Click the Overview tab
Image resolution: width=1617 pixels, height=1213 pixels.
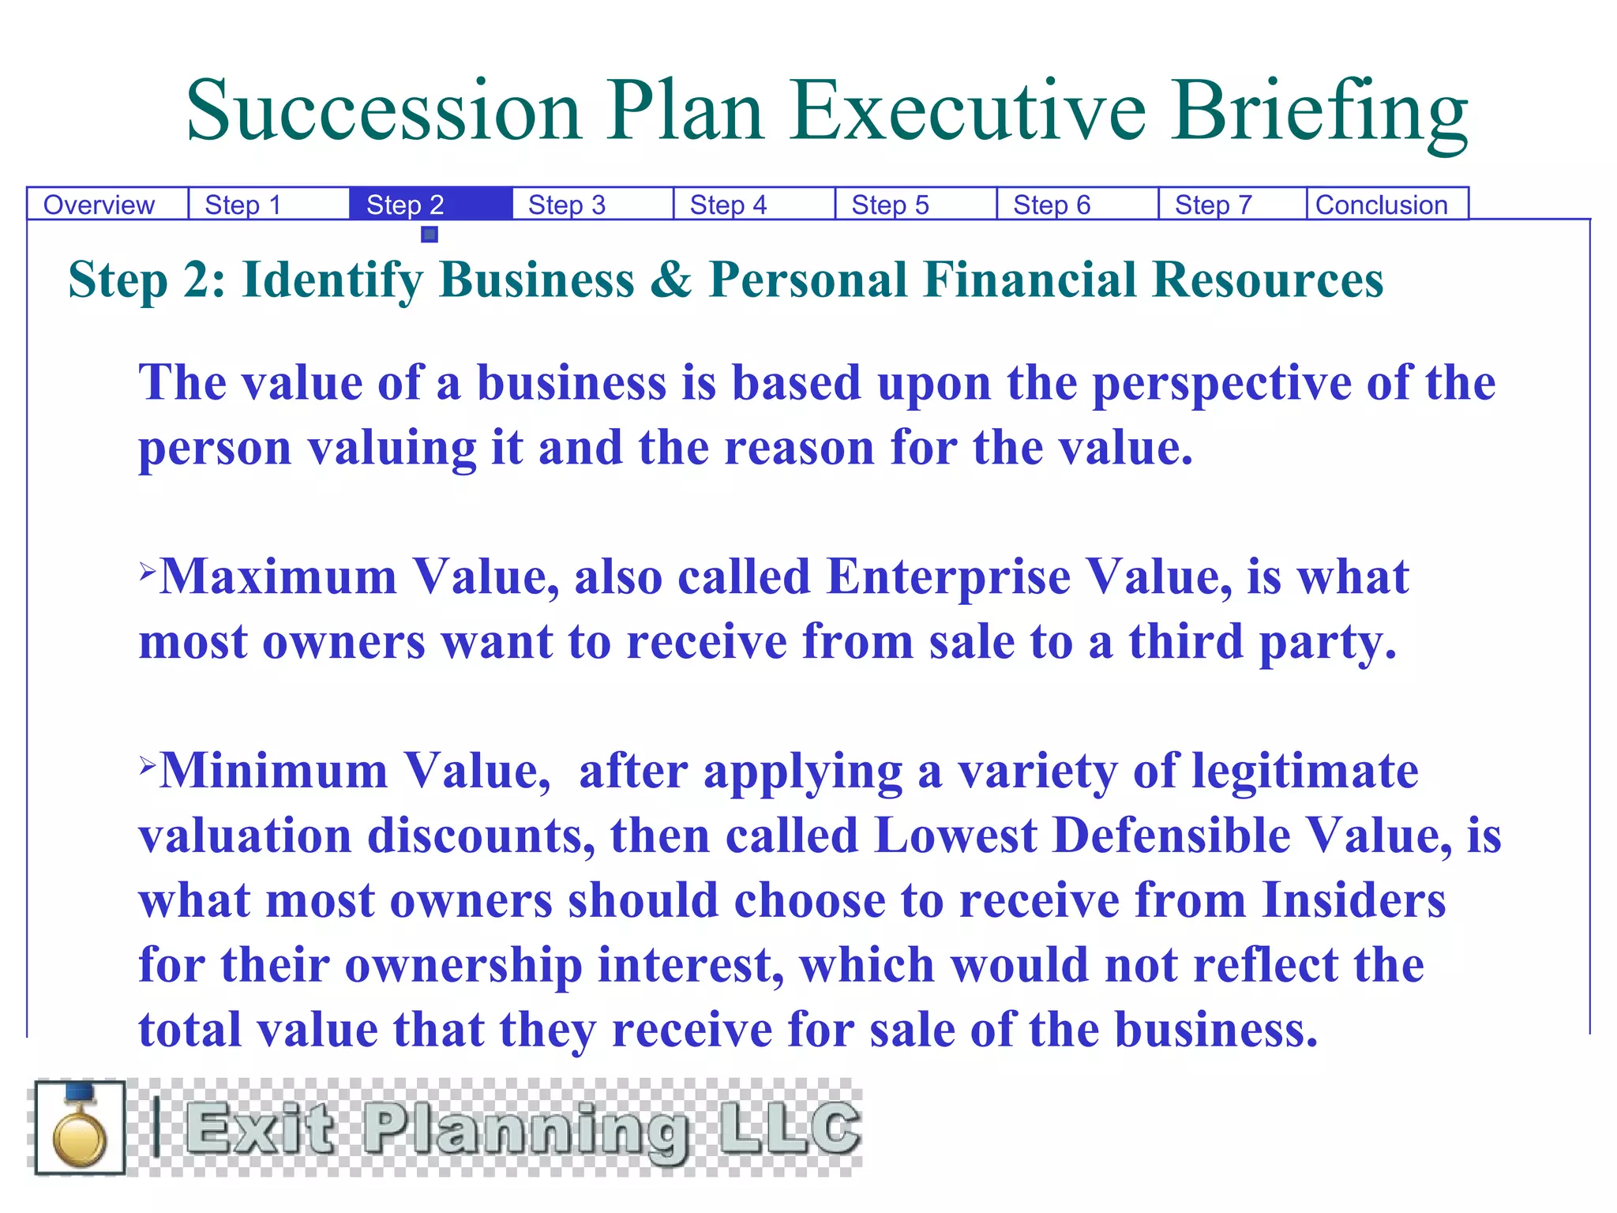point(99,205)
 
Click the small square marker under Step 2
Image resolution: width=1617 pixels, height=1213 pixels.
point(430,235)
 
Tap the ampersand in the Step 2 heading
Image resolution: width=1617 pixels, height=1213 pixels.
point(670,280)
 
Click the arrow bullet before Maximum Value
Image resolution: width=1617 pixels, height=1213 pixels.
point(148,570)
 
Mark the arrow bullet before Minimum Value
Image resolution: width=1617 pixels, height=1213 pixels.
point(148,764)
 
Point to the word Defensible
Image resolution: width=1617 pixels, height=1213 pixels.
point(1172,836)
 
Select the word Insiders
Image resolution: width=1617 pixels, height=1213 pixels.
point(1353,900)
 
